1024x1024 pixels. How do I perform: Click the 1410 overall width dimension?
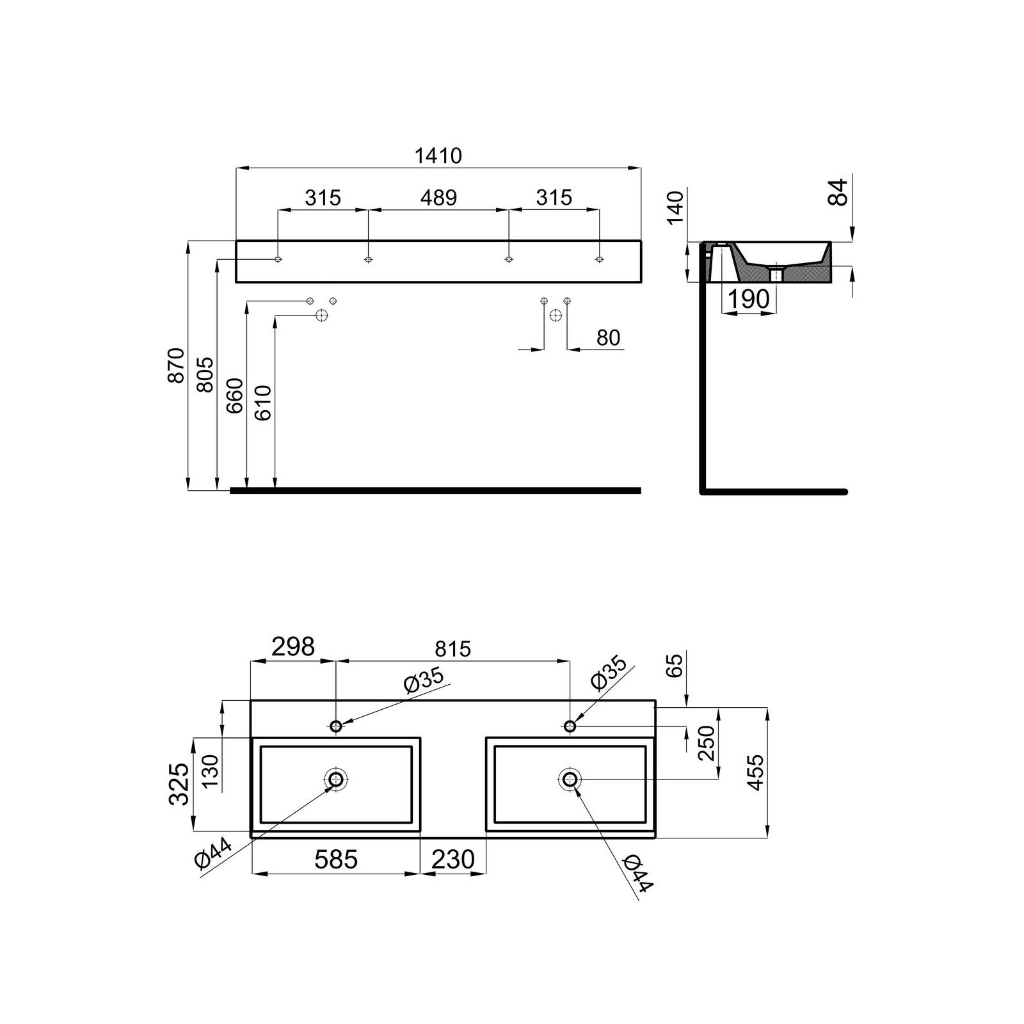pyautogui.click(x=438, y=156)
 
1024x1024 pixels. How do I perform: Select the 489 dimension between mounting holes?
pyautogui.click(x=438, y=198)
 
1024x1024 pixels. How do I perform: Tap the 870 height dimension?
pyautogui.click(x=176, y=365)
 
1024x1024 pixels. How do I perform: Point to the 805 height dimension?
pyautogui.click(x=205, y=374)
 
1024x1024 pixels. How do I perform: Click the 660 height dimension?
pyautogui.click(x=234, y=396)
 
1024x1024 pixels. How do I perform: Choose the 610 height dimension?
pyautogui.click(x=263, y=403)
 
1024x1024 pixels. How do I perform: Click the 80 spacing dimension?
pyautogui.click(x=608, y=337)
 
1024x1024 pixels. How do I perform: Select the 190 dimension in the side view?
pyautogui.click(x=749, y=299)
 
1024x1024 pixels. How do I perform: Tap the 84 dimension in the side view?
pyautogui.click(x=838, y=192)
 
